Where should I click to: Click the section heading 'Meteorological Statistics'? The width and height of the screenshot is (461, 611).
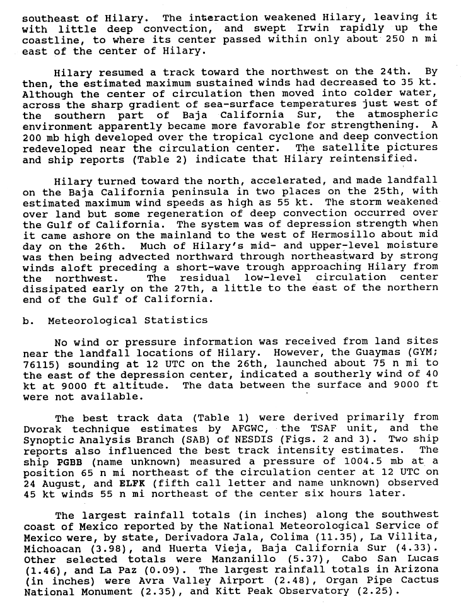127,320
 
